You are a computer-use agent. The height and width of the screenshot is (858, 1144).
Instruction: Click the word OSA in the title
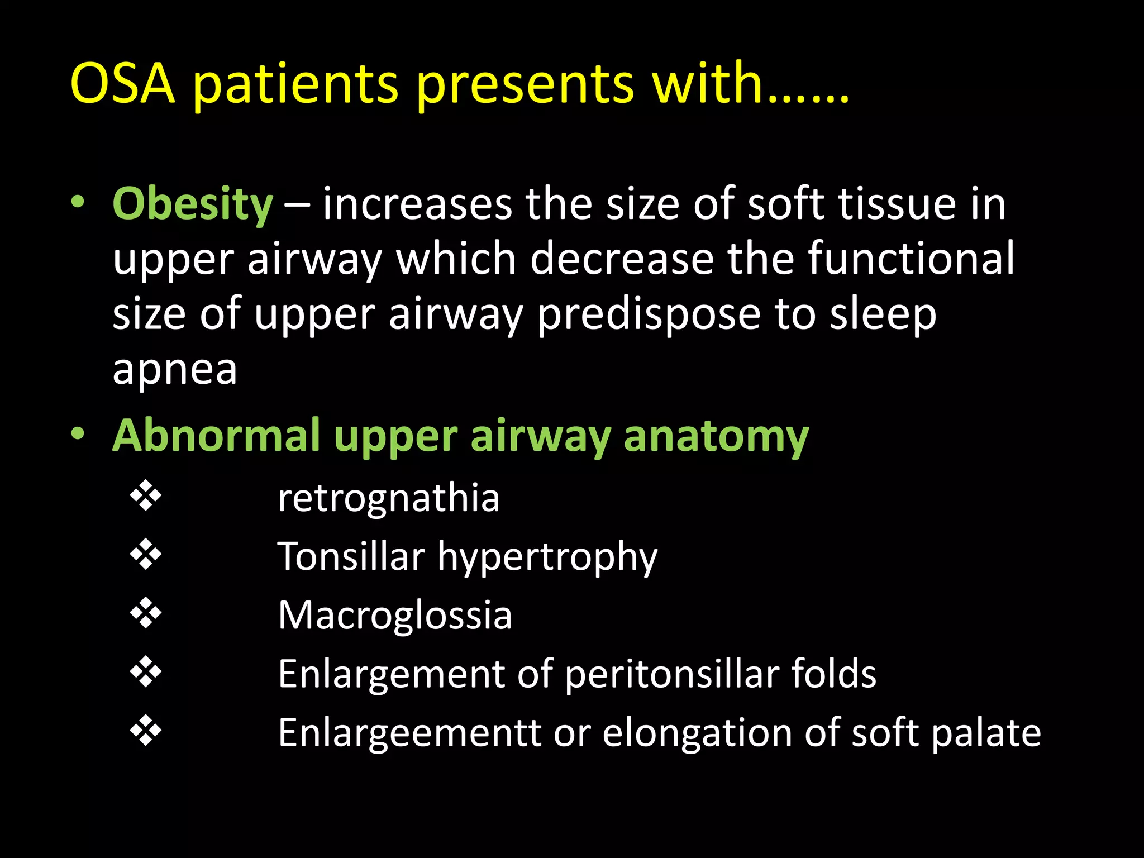coord(123,84)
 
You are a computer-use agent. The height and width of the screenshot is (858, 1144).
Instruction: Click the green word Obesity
coord(193,205)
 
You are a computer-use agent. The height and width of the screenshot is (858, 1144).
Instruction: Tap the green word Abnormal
coord(216,436)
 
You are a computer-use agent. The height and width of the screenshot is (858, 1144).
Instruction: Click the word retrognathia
coord(389,498)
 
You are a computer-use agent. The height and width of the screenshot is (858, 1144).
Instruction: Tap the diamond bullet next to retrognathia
coord(146,495)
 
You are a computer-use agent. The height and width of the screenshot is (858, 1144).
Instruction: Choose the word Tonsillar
coord(351,557)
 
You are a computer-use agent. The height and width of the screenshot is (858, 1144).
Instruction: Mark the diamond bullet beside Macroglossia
coord(146,613)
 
